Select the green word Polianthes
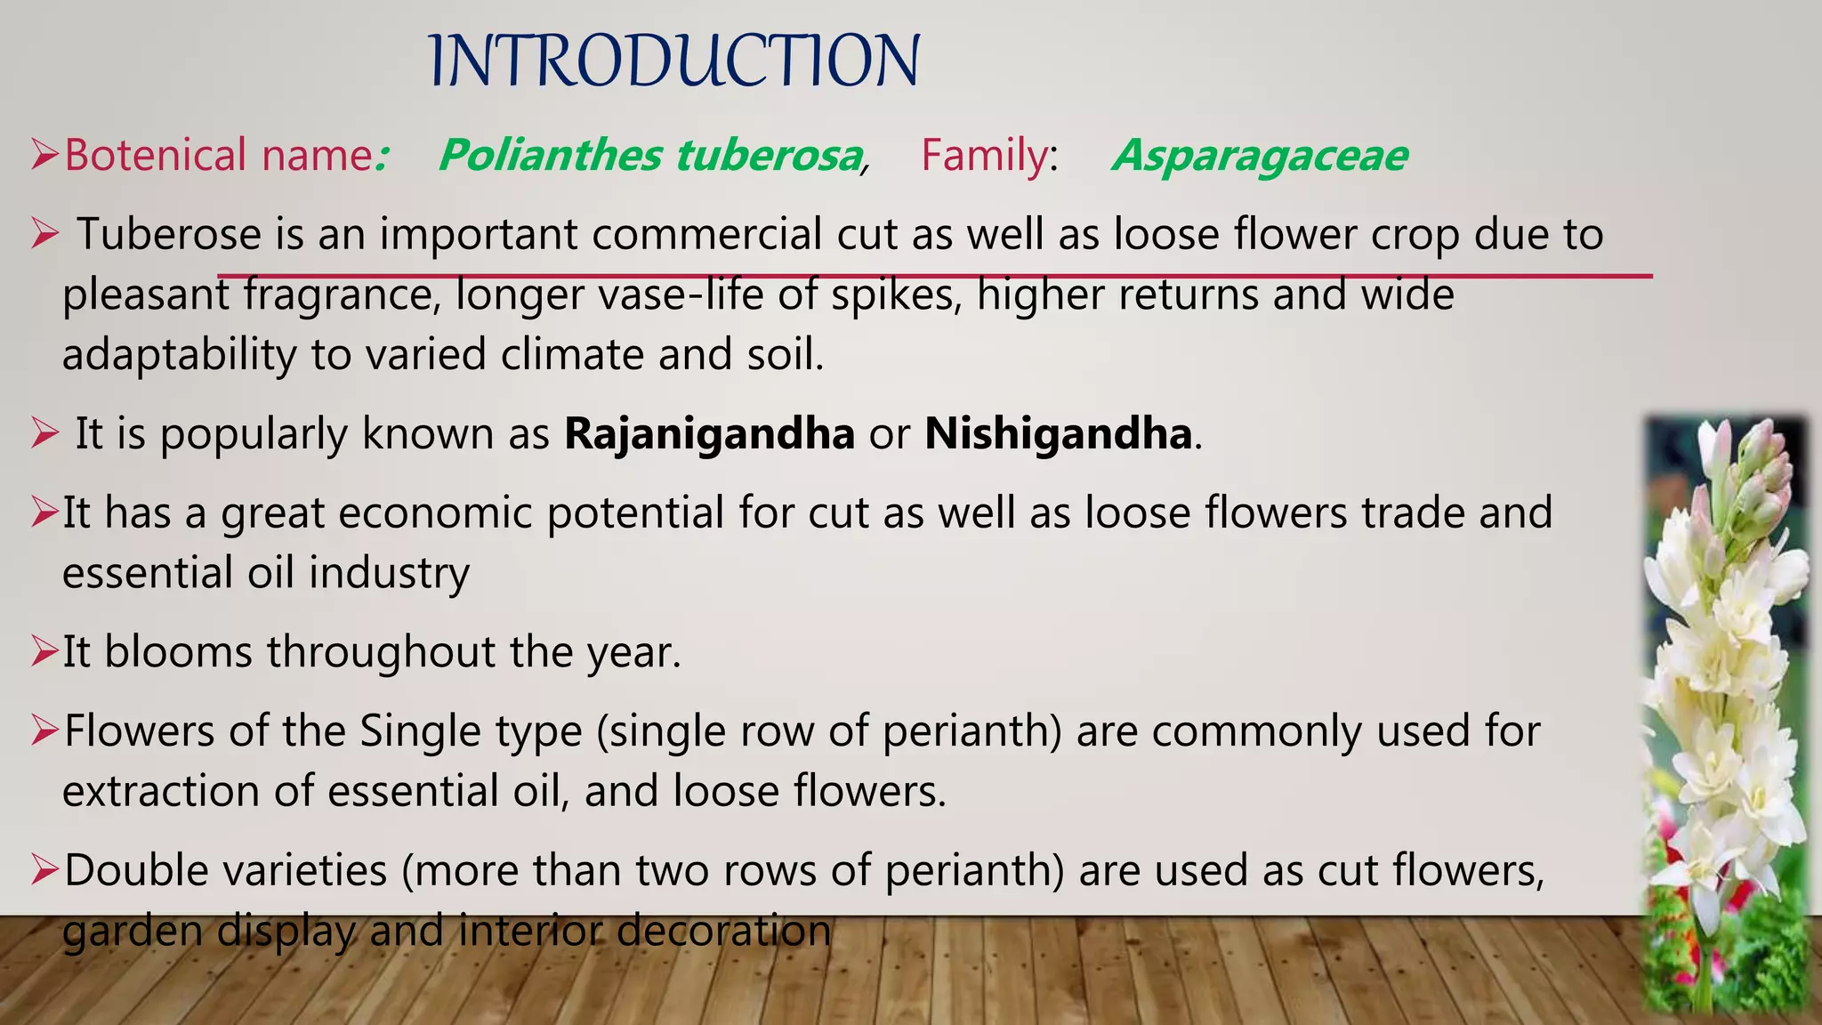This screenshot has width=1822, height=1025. (x=550, y=155)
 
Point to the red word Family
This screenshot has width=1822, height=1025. (x=985, y=155)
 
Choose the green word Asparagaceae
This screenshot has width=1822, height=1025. (x=1260, y=155)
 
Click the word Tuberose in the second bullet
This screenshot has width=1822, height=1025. (x=169, y=234)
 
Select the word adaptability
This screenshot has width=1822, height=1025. (x=179, y=355)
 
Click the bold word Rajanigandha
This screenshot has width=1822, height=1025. (x=709, y=433)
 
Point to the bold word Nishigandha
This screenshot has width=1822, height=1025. (x=1058, y=433)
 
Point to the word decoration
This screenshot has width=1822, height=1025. (x=723, y=931)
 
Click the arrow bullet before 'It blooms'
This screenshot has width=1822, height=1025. (x=44, y=652)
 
